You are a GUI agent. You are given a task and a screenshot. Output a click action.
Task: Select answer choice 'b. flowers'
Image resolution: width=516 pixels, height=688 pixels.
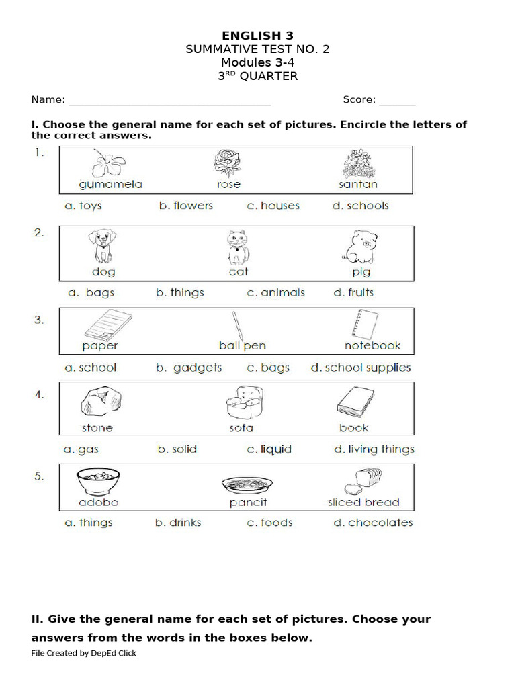185,206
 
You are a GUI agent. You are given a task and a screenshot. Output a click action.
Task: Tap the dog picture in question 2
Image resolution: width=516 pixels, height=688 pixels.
101,247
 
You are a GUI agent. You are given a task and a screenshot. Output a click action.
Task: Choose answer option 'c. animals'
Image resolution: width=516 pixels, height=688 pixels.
275,293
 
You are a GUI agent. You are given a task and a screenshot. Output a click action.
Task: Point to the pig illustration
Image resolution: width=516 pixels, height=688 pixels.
359,247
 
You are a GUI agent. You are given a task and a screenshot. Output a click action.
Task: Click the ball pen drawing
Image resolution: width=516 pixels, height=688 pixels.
239,325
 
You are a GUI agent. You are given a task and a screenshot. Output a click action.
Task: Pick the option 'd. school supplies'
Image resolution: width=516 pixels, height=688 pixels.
360,368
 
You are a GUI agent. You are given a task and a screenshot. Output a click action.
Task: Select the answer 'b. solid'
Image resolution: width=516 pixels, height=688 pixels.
177,449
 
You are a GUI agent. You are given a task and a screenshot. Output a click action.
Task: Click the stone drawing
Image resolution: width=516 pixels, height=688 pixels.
97,402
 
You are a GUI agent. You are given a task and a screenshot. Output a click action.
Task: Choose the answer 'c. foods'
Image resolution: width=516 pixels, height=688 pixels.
269,523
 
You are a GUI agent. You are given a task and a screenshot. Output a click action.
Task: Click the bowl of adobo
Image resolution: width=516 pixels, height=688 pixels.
99,482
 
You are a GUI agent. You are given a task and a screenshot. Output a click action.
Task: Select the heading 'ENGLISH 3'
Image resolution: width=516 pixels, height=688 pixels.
258,36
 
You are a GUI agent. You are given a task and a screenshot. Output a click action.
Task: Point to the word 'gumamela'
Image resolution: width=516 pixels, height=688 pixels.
110,185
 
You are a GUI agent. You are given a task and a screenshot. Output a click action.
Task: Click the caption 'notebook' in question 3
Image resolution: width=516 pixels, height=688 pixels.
372,346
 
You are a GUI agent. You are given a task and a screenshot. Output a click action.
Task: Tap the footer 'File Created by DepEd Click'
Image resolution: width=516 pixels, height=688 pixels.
83,653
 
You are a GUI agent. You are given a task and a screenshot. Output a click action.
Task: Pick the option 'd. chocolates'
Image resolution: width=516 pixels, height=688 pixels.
373,523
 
